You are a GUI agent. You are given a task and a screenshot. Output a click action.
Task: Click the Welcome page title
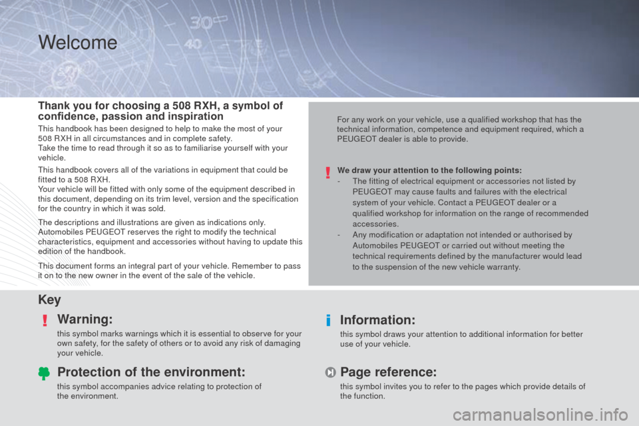click(78, 43)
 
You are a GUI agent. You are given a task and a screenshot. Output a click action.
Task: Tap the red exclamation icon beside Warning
click(45, 320)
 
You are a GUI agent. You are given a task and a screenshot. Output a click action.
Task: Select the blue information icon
click(328, 320)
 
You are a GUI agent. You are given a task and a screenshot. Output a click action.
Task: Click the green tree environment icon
click(44, 373)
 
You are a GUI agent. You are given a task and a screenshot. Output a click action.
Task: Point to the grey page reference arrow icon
click(330, 372)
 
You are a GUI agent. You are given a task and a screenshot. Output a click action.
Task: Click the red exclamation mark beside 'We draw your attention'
click(327, 173)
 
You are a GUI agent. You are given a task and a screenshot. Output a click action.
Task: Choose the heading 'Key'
click(49, 300)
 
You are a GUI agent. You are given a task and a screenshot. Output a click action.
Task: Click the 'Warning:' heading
click(85, 319)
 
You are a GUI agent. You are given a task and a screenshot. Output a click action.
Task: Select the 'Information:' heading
click(378, 320)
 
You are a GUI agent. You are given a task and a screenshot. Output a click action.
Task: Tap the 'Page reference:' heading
click(388, 372)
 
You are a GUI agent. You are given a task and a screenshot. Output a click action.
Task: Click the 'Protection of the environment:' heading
click(151, 372)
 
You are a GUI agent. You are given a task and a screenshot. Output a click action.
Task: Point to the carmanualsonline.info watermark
click(540, 415)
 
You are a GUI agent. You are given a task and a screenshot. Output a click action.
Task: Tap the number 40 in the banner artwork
click(193, 44)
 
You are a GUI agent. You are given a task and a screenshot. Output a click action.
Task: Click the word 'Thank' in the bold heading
click(53, 106)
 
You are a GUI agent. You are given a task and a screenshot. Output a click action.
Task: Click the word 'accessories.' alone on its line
click(375, 224)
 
